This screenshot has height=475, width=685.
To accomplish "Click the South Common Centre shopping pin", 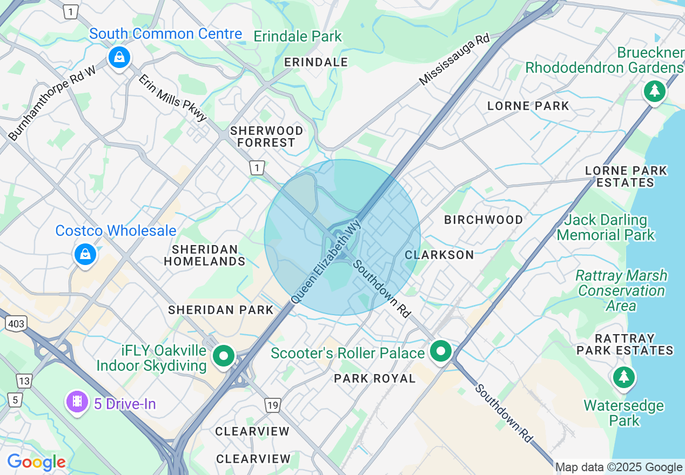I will point(119,57).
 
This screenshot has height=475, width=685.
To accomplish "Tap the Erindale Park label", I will point(298,37).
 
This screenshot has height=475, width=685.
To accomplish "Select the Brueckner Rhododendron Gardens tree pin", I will point(654,91).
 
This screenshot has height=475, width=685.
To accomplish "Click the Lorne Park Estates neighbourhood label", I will point(626,177).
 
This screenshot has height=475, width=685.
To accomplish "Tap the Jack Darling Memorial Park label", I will point(606,227).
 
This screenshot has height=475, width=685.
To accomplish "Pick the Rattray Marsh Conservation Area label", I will point(621,290).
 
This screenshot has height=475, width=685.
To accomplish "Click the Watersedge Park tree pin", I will point(624,376).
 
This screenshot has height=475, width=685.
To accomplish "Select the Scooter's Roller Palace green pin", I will point(441,352).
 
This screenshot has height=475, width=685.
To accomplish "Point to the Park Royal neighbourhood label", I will point(374,378).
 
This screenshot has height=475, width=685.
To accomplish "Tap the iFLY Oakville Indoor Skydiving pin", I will point(223,356).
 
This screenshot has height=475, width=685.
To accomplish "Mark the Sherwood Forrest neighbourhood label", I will point(266,137).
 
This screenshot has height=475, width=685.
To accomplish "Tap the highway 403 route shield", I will point(16,323).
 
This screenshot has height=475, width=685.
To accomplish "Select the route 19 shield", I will point(272,404).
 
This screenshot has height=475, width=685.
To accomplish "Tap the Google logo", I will point(36,462).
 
